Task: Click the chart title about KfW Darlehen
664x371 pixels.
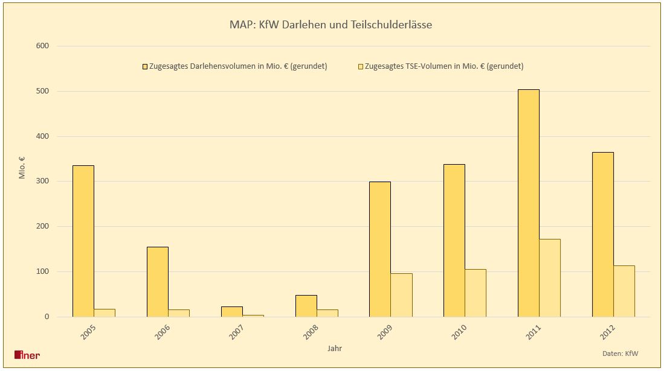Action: [330, 25]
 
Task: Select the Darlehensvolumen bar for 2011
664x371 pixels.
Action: [529, 203]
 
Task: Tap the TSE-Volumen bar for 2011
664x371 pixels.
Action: [550, 278]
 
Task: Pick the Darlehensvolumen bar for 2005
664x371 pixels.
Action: [83, 241]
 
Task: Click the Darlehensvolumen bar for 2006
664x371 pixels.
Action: [158, 282]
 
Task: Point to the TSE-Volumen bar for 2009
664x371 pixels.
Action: [401, 295]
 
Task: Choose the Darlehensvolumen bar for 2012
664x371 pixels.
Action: [603, 235]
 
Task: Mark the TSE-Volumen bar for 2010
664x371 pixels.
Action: [475, 293]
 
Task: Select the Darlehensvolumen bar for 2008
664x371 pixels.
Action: [306, 306]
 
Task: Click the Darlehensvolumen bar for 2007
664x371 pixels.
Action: [232, 311]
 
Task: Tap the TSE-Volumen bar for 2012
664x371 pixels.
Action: [624, 291]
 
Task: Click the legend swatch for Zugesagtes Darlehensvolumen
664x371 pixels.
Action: [145, 66]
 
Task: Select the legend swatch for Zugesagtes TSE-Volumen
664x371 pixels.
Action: [361, 66]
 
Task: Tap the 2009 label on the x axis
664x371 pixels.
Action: [384, 332]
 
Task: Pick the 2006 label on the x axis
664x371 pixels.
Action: [162, 332]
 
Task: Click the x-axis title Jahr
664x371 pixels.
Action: [335, 348]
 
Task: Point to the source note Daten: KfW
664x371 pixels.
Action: [620, 353]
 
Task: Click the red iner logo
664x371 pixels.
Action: [27, 355]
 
